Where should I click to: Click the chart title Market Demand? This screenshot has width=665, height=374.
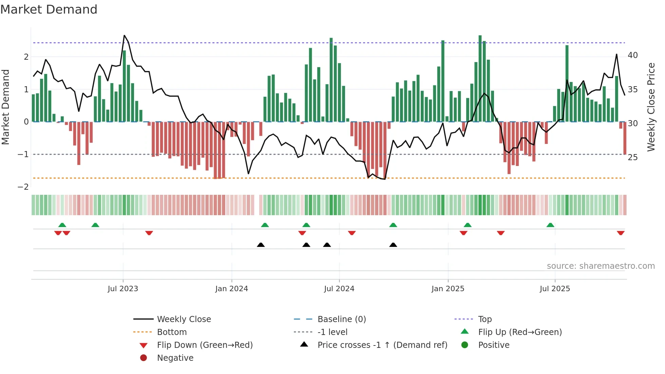pyautogui.click(x=49, y=10)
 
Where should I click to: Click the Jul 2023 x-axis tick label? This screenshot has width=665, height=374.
pyautogui.click(x=123, y=289)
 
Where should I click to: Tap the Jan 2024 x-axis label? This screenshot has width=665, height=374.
pyautogui.click(x=231, y=289)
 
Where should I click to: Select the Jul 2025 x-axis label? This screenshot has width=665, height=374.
pyautogui.click(x=555, y=289)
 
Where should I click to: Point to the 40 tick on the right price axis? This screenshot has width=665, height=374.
pyautogui.click(x=632, y=55)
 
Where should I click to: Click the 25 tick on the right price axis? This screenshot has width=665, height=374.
pyautogui.click(x=632, y=157)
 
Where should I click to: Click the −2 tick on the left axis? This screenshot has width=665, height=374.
pyautogui.click(x=23, y=187)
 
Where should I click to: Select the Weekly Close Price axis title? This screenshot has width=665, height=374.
pyautogui.click(x=651, y=107)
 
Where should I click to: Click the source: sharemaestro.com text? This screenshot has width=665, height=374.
pyautogui.click(x=601, y=266)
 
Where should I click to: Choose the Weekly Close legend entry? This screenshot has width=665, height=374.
pyautogui.click(x=184, y=319)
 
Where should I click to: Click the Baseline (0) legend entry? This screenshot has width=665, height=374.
pyautogui.click(x=341, y=319)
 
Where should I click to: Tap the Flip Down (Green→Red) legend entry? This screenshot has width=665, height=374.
pyautogui.click(x=205, y=345)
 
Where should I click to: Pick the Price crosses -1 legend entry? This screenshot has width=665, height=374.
pyautogui.click(x=382, y=345)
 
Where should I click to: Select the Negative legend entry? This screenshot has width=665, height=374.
pyautogui.click(x=175, y=358)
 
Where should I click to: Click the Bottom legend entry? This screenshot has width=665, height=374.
pyautogui.click(x=172, y=332)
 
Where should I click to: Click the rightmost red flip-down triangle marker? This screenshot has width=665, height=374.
pyautogui.click(x=621, y=233)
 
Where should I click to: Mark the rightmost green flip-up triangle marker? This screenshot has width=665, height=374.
pyautogui.click(x=550, y=225)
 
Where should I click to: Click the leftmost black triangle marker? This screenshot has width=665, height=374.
pyautogui.click(x=261, y=245)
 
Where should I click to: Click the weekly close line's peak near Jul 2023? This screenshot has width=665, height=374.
pyautogui.click(x=125, y=36)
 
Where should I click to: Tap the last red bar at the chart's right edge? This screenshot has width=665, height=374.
pyautogui.click(x=625, y=138)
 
